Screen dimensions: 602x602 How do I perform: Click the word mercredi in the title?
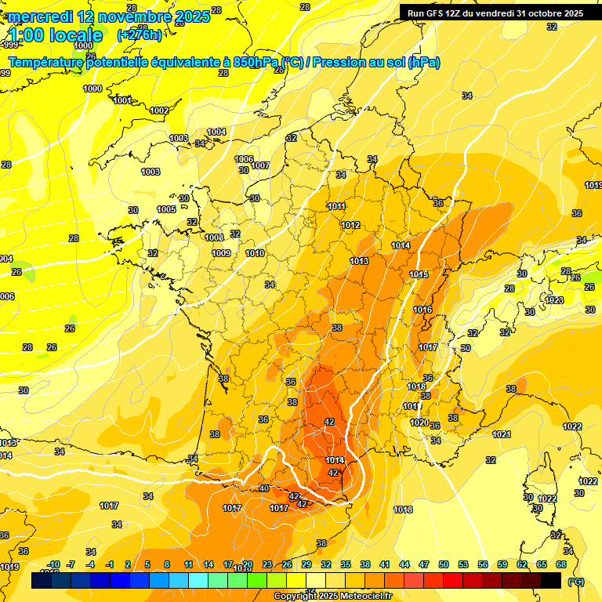coord(39,16)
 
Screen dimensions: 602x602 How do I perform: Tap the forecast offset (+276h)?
coord(140,34)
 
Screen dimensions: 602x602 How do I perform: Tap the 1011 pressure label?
coord(337,207)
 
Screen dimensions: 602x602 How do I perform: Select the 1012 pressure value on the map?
coord(350,226)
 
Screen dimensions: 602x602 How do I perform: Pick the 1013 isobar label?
coord(359,261)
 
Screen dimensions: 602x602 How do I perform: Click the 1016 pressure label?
coord(422,310)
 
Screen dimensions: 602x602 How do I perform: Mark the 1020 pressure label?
coord(419,423)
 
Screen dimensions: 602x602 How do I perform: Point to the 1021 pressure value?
coord(502,434)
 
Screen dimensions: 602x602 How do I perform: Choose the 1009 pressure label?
coord(221,253)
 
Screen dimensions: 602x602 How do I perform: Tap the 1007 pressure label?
coord(260,165)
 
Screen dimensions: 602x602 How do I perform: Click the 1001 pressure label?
coord(122,100)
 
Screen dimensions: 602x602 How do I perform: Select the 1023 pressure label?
coord(554,300)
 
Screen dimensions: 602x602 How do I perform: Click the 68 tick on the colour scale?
coord(561,564)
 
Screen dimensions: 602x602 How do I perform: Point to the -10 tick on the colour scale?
coord(54,564)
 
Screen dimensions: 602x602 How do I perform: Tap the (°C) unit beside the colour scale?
coord(575,582)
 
